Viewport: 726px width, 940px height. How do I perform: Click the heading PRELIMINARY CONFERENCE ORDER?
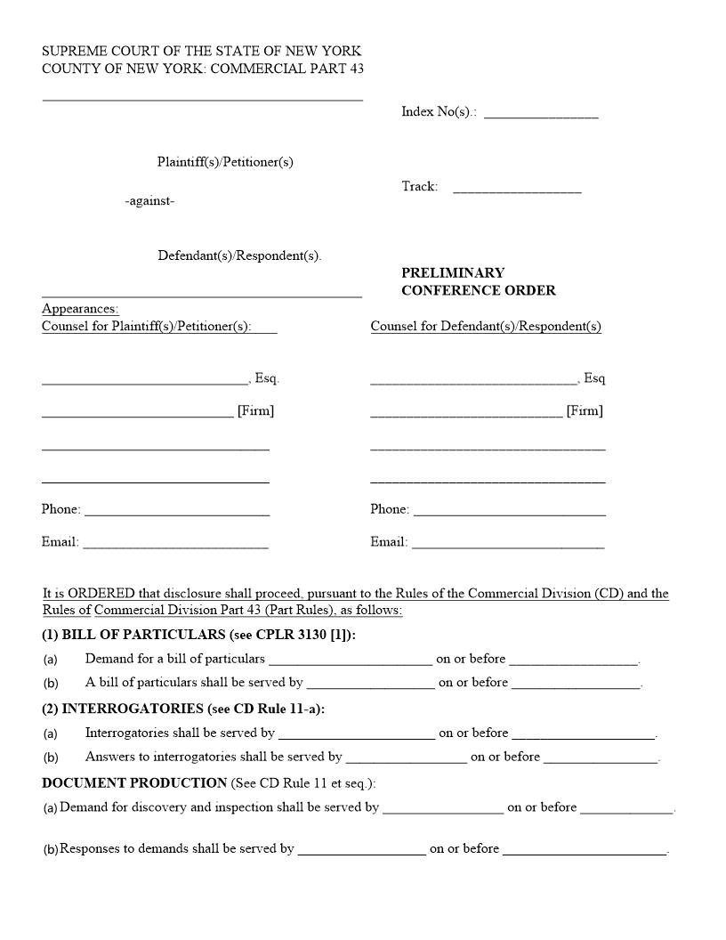pos(478,281)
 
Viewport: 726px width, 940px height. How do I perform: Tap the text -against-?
pos(149,201)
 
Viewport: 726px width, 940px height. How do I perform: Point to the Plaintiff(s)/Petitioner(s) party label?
pos(225,162)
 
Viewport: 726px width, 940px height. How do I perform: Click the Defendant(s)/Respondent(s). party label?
pos(239,255)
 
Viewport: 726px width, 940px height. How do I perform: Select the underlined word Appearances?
pos(80,309)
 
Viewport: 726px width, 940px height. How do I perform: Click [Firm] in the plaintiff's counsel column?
pos(255,410)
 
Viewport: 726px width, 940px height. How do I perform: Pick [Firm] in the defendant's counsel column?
pos(585,410)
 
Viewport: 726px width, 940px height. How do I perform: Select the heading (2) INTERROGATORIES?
pos(183,709)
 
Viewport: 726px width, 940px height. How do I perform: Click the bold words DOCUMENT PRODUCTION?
pos(134,782)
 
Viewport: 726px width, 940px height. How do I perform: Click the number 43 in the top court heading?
pos(357,69)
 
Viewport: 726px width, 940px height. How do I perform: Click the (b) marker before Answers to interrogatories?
pos(51,758)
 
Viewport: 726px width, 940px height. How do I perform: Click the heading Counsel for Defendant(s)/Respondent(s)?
pos(486,327)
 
